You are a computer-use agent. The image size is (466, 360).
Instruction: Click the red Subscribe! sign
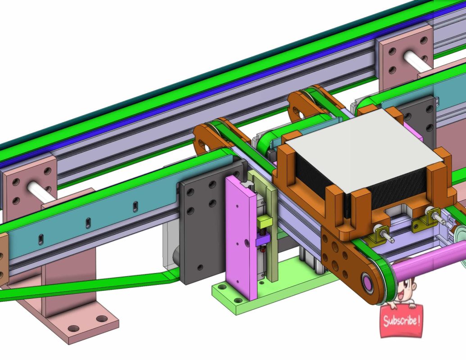click(402, 321)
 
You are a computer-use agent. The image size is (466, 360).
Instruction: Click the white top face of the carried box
click(362, 148)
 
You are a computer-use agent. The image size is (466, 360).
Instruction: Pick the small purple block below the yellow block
click(262, 241)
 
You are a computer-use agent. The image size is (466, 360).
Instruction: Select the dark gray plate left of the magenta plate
click(200, 225)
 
